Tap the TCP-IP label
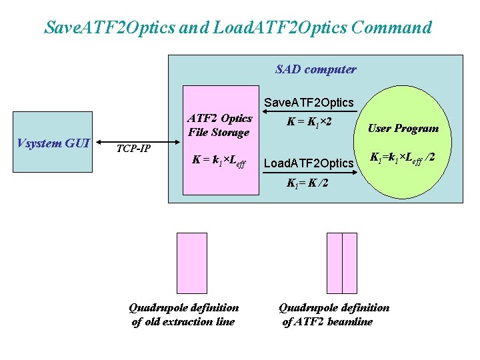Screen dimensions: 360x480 133,148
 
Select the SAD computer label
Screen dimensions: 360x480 315,69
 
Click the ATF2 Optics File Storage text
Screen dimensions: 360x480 220,125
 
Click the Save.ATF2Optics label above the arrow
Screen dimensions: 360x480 309,103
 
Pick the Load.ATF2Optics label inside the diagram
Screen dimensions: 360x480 309,163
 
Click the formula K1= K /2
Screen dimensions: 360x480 307,183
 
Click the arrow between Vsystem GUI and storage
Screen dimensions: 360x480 140,141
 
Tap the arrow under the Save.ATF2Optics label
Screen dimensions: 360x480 309,111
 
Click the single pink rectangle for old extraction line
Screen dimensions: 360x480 191,263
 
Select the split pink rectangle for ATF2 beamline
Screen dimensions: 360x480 342,263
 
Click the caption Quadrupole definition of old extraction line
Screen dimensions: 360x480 183,315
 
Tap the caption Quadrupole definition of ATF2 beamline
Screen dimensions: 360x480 333,315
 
